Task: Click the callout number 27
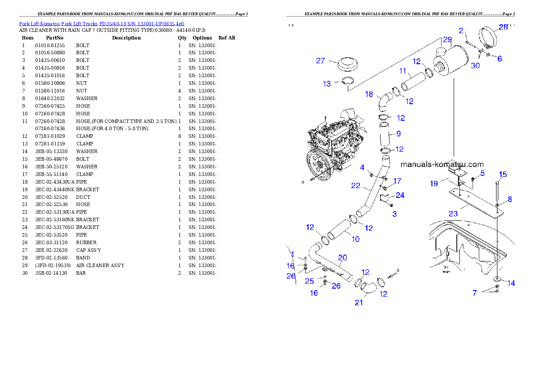point(320,61)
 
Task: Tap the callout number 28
point(503,27)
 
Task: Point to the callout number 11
point(403,71)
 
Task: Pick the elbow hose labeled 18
point(383,101)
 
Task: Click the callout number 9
point(398,133)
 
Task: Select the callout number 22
point(355,185)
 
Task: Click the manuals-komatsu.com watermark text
point(442,164)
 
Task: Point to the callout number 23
point(453,214)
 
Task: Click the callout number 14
point(511,283)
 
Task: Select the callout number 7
point(474,293)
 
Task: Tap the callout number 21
point(359,303)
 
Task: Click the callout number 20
point(342,258)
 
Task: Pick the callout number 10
point(355,239)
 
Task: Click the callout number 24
point(400,195)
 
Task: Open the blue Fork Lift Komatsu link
point(101,23)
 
